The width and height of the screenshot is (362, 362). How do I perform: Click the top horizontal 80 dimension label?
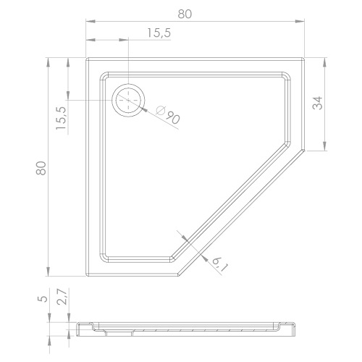pos(185,14)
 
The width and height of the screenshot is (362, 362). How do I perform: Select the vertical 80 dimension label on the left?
pos(41,168)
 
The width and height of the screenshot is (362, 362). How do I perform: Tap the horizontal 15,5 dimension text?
pos(159,33)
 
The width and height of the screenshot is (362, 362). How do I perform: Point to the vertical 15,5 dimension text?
pos(61,118)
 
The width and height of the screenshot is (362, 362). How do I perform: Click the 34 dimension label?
pos(317,103)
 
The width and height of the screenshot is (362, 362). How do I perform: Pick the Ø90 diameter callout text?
pos(168,115)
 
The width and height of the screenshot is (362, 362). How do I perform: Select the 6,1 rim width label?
pos(218,265)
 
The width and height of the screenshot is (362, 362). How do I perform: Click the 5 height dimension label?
pos(42,298)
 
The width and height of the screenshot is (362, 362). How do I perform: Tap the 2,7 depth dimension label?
pos(62,298)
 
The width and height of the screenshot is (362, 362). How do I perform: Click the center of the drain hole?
pos(128,100)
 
